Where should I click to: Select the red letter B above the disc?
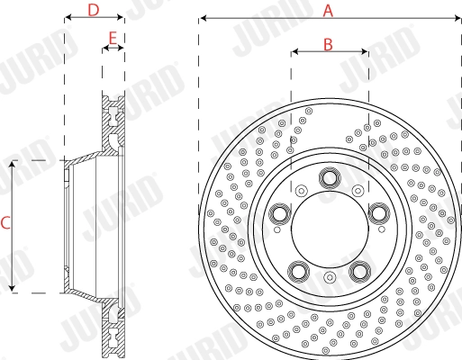point(329,43)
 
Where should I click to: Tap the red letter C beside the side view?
point(6,226)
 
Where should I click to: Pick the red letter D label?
point(93,10)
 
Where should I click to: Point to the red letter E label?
point(113,39)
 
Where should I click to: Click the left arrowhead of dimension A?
point(202,18)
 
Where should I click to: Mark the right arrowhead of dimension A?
point(456,18)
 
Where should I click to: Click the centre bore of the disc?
point(328,225)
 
